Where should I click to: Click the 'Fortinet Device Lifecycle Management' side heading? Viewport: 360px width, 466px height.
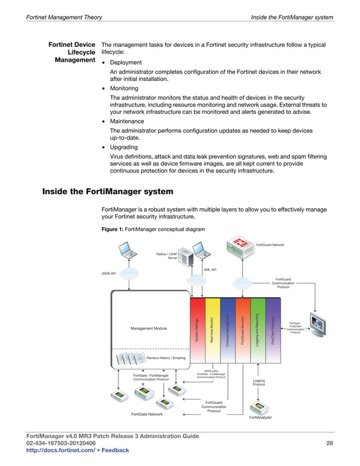[71, 52]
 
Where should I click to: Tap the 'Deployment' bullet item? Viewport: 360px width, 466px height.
[126, 62]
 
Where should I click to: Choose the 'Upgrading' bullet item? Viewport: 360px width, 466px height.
[124, 147]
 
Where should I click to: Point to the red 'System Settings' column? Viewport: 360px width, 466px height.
[197, 329]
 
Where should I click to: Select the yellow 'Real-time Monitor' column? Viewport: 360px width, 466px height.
[212, 329]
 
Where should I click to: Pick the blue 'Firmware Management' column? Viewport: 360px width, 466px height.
[227, 329]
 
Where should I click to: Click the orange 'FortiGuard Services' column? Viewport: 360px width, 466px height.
[243, 329]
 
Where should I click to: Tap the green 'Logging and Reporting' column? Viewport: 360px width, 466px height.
[257, 329]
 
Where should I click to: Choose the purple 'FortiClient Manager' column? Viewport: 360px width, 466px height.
[273, 329]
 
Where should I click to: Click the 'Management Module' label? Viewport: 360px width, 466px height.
[149, 328]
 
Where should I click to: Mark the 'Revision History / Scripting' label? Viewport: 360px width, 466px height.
[166, 358]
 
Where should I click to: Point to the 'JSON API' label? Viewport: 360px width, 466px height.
[109, 274]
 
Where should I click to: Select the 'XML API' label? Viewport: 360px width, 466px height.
[210, 270]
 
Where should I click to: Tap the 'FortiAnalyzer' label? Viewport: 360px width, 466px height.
[261, 417]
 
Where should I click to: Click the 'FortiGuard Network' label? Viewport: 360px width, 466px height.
[270, 244]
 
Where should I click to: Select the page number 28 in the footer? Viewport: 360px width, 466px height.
[330, 443]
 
